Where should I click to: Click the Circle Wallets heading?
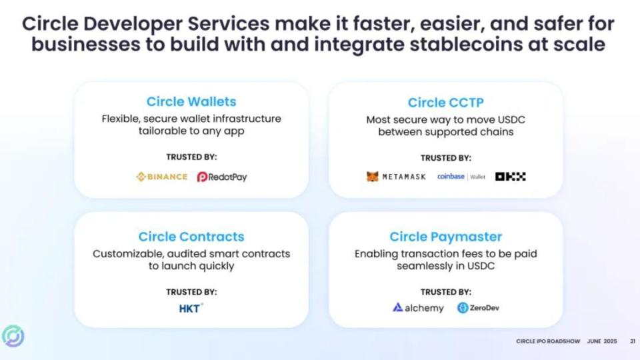191,101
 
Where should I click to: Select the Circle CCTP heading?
446,103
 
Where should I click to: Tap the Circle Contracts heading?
191,237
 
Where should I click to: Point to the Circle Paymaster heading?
446,237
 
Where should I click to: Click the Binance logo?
161,177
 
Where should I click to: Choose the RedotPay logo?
222,177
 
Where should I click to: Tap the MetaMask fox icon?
372,176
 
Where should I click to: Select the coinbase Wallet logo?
461,176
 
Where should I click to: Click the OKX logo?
510,176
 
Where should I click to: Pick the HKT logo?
191,309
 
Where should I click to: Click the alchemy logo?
418,308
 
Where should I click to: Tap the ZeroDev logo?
478,308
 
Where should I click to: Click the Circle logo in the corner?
13,336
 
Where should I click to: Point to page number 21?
633,341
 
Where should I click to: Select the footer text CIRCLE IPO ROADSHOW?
548,341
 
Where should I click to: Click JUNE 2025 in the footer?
602,341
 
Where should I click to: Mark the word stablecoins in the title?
466,44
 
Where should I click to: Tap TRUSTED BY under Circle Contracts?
191,292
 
